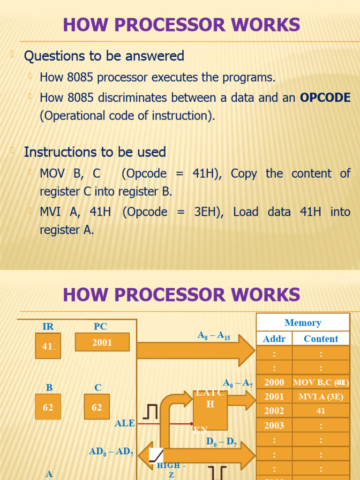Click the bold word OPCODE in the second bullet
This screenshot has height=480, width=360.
(325, 97)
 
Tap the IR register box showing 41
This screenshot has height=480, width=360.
(48, 346)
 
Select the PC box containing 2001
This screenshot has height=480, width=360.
(102, 342)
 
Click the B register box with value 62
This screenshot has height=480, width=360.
(48, 407)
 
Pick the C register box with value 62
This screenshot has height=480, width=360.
(97, 407)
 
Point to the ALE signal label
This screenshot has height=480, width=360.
(125, 423)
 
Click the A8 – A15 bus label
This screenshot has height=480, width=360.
(214, 336)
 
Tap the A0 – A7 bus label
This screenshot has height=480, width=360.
(238, 383)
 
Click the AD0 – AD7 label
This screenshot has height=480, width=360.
(112, 452)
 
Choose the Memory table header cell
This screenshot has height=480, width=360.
(303, 322)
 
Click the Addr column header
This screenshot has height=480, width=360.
(274, 338)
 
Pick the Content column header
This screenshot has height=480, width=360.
(321, 338)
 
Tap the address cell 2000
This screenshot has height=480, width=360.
(274, 382)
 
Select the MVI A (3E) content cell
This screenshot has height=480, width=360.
(321, 397)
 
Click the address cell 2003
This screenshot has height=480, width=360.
(274, 425)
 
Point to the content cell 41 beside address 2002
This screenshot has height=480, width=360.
(321, 411)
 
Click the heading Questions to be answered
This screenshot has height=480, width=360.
(104, 56)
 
